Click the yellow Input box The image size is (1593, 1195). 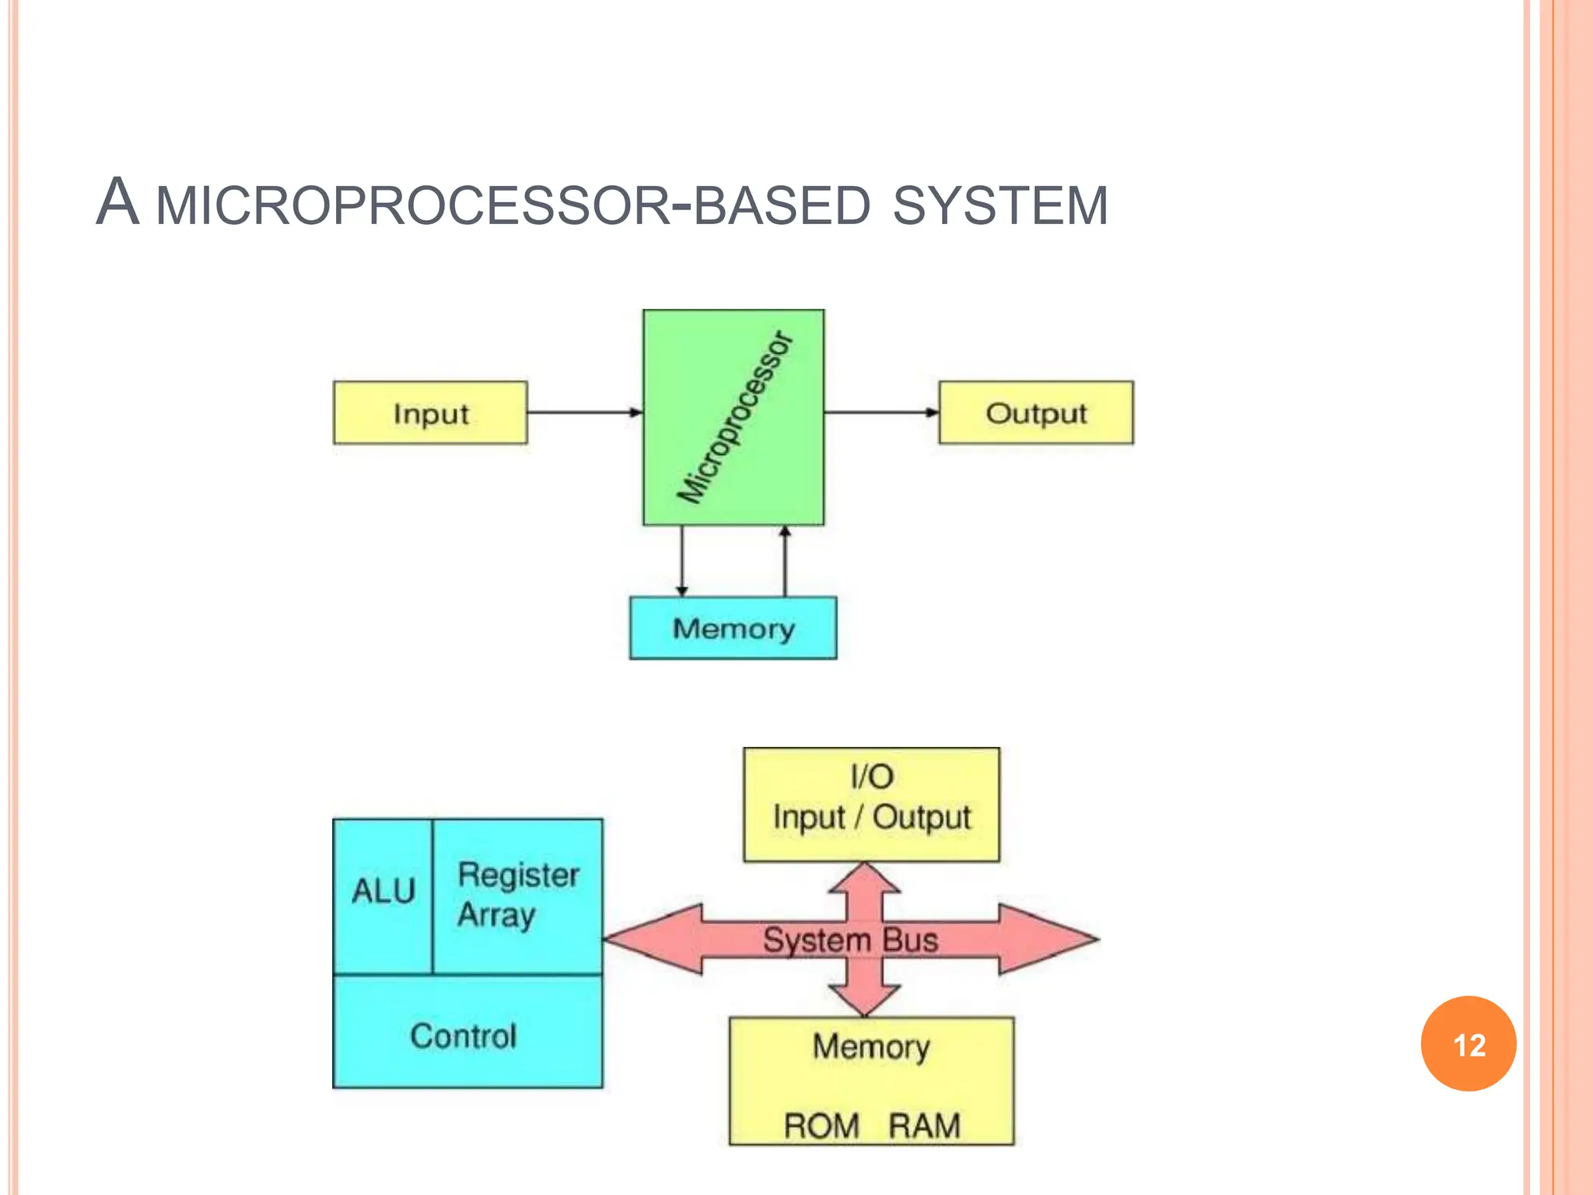pos(430,413)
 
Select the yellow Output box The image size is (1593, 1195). pos(1035,413)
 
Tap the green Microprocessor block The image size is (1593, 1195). pos(733,418)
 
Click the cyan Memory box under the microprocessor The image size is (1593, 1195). pos(733,628)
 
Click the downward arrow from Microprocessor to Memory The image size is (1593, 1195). pos(682,561)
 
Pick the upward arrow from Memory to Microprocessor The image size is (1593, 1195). pos(785,561)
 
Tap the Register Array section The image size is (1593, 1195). pos(517,895)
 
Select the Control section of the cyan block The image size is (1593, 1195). pos(464,1036)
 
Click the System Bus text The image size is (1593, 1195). pos(850,940)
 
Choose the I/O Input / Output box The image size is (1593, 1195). pos(871,804)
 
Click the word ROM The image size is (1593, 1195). pos(821,1126)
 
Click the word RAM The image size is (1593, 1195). pos(924,1126)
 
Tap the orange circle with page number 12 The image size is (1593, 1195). pos(1468,1044)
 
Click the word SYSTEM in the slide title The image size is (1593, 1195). pos(1000,206)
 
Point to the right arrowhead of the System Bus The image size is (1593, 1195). pos(1050,939)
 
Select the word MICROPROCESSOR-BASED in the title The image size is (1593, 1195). pos(513,206)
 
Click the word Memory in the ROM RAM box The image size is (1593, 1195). pos(871,1047)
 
